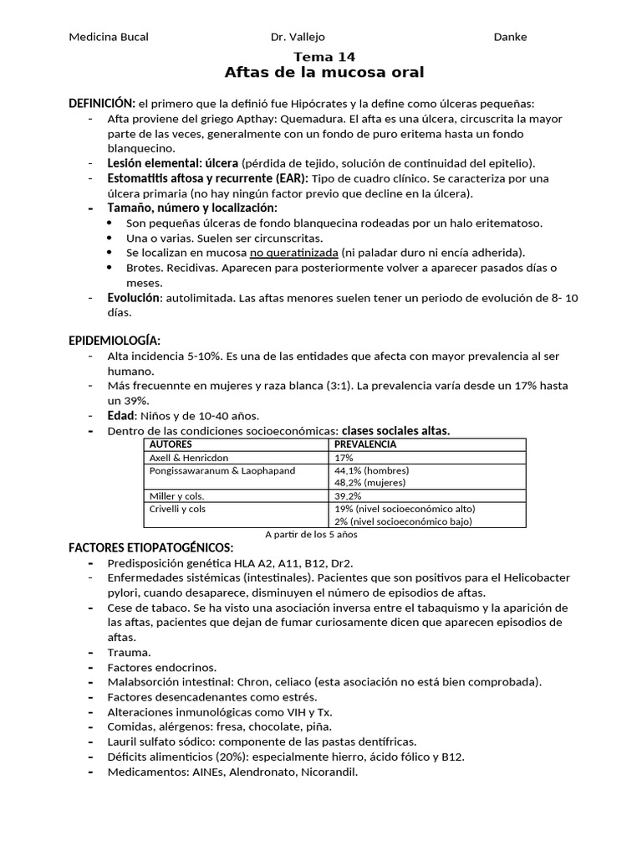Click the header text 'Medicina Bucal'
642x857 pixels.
coord(108,37)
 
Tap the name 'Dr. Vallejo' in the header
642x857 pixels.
coord(298,37)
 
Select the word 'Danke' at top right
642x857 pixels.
coord(510,37)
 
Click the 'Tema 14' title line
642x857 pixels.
coord(324,57)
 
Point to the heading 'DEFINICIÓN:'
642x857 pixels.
coord(101,103)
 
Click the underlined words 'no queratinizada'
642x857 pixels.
coord(293,253)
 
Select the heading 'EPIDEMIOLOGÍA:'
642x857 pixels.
coord(115,341)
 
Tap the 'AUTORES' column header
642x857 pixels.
coord(171,444)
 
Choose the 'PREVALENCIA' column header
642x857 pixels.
coord(365,444)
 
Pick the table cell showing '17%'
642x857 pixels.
coord(344,458)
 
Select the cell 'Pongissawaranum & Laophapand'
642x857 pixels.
coord(222,471)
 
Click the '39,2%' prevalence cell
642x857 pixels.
coord(349,496)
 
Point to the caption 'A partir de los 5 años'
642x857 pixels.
coord(312,535)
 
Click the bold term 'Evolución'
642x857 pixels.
coord(132,297)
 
